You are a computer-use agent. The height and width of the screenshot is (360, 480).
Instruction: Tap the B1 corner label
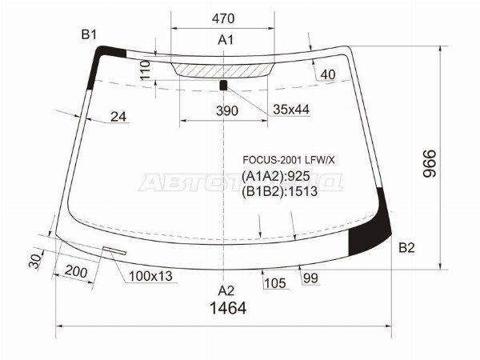click(x=88, y=34)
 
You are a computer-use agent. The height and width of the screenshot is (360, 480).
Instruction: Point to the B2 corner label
click(x=406, y=247)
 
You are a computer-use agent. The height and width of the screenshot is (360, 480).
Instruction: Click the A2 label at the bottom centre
click(x=226, y=290)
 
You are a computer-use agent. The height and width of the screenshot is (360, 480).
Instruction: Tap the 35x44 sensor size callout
click(x=290, y=110)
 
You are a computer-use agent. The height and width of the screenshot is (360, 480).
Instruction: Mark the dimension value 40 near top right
click(x=328, y=75)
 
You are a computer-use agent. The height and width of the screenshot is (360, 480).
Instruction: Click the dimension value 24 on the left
click(x=118, y=117)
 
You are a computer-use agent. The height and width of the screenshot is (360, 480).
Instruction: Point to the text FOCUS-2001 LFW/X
click(x=290, y=160)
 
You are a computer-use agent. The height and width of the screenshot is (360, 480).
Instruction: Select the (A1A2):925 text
click(x=276, y=175)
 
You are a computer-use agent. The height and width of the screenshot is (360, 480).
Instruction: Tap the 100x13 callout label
click(x=149, y=277)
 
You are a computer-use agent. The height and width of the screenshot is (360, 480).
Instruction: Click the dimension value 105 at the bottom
click(x=274, y=282)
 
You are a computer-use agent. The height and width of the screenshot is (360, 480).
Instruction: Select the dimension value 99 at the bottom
click(x=310, y=278)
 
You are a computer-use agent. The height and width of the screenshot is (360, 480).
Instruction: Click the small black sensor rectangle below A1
click(x=224, y=84)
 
